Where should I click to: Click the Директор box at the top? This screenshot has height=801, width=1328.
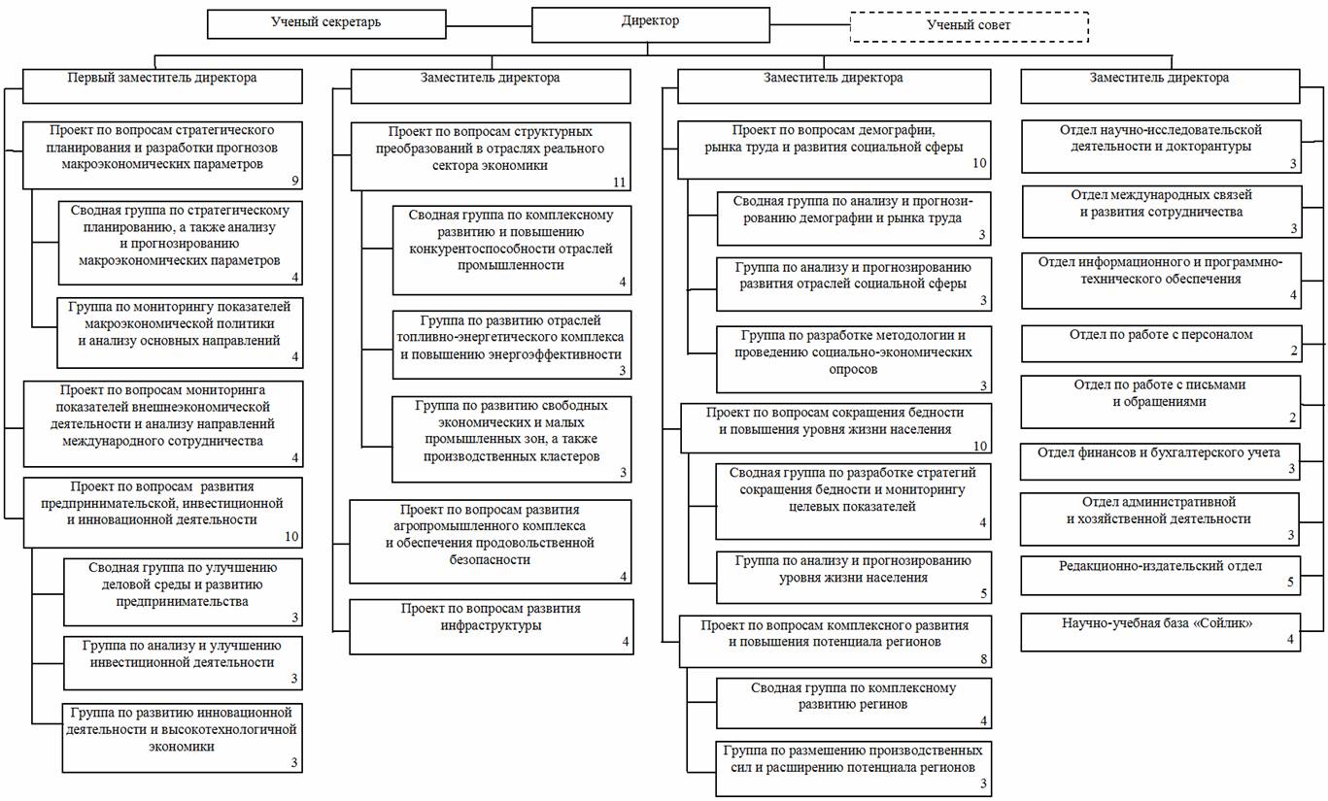[651, 24]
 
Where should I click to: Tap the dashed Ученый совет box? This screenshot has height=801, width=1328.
[969, 26]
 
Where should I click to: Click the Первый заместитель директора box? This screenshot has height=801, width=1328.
[163, 85]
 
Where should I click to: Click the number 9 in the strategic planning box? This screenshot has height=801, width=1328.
[294, 181]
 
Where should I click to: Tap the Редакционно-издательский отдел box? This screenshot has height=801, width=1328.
[1159, 574]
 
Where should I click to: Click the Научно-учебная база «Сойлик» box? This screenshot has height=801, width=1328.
[1159, 631]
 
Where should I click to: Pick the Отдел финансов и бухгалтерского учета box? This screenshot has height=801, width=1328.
[1159, 459]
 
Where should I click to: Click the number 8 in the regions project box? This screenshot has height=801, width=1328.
[983, 659]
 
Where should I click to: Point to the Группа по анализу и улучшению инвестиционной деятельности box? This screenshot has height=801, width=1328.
[183, 660]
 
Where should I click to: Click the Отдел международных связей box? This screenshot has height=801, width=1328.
[1159, 212]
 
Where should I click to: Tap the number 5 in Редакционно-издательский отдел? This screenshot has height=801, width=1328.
[1291, 584]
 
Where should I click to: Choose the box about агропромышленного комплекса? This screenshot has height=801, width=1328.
[491, 541]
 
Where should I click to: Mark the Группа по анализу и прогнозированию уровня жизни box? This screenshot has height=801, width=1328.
[854, 577]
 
